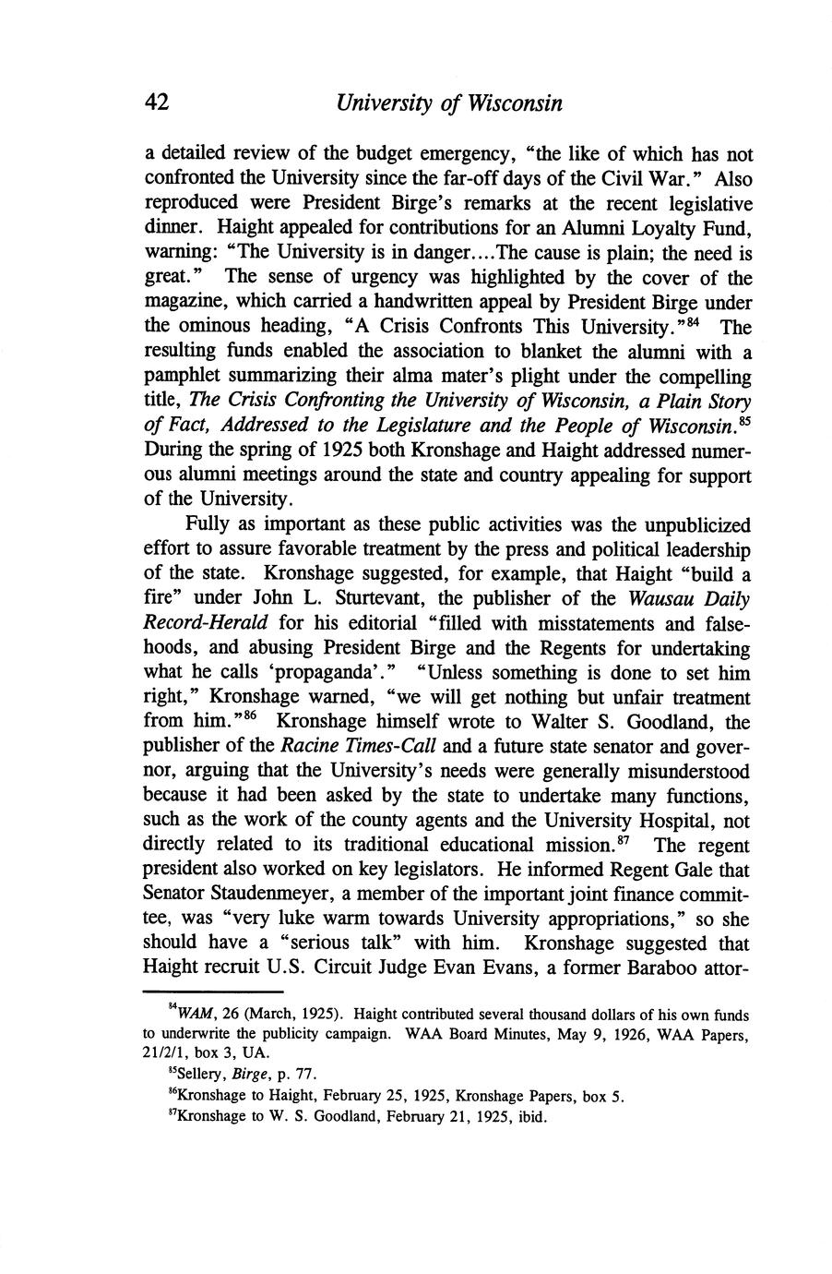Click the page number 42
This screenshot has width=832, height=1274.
pyautogui.click(x=157, y=102)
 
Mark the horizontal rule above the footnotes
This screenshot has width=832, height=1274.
pyautogui.click(x=198, y=990)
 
